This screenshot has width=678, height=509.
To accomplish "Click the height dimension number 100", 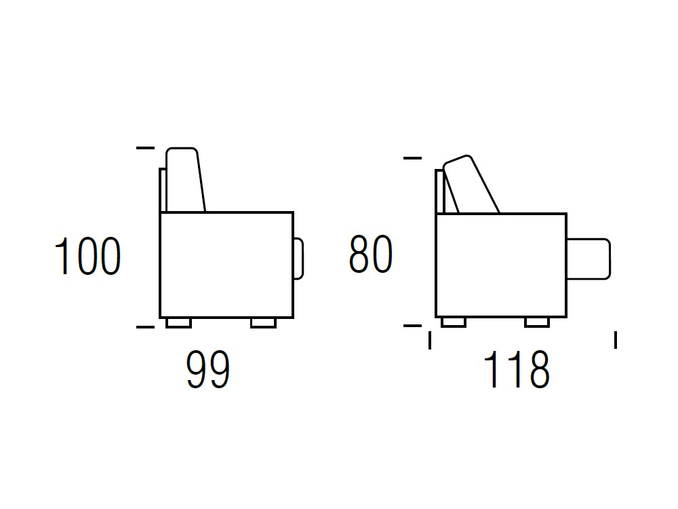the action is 87,256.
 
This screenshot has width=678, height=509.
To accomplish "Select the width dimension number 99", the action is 208,369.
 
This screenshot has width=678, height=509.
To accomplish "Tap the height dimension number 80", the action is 371,254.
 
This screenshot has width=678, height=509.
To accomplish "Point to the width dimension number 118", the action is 516,369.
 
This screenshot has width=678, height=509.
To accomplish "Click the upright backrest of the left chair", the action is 185,180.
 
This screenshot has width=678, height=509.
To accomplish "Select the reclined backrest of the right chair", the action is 471,185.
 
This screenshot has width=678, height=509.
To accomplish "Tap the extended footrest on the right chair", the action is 589,259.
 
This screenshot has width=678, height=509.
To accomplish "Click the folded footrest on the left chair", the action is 298,259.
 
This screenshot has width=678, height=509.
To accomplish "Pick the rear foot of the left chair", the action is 178,323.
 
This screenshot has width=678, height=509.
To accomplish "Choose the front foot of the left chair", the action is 263,323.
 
